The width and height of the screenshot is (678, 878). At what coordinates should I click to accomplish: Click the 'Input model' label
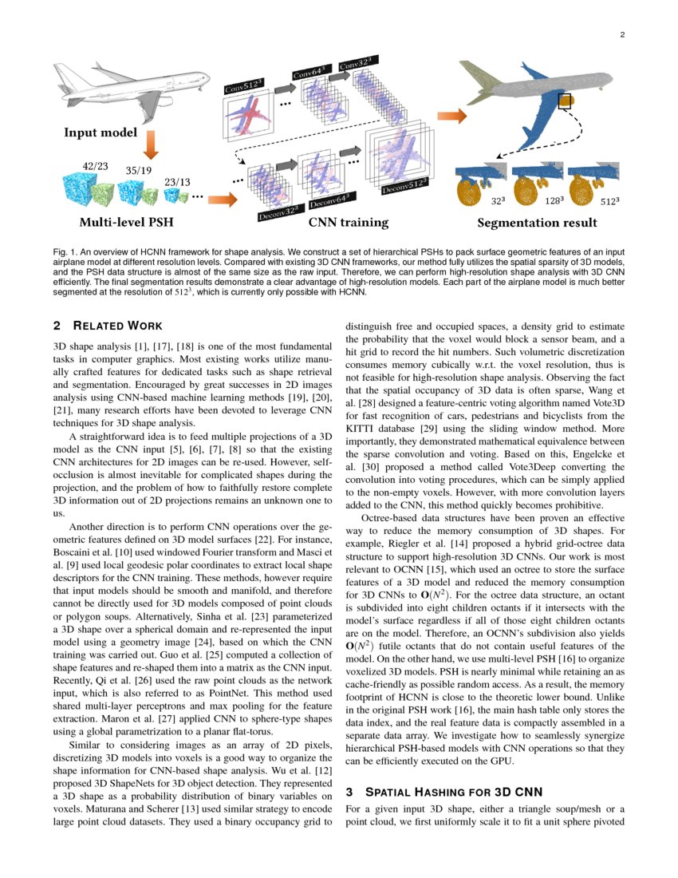(x=101, y=132)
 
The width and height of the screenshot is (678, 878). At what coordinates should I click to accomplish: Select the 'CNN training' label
(x=348, y=223)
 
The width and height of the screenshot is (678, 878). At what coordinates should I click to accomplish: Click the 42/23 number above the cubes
(x=96, y=166)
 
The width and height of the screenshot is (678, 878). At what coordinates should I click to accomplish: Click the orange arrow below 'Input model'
(x=152, y=145)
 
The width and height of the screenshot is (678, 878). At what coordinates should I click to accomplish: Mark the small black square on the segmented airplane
(x=566, y=101)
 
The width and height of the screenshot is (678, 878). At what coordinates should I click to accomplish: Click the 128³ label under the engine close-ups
(x=555, y=202)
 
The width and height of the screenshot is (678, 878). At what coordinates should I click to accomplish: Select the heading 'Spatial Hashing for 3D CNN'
(x=443, y=792)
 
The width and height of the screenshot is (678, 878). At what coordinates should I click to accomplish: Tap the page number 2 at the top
(x=622, y=34)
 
